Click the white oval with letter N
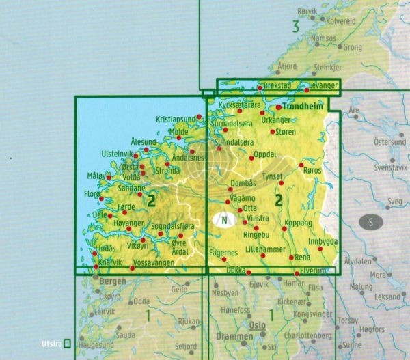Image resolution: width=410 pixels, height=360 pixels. (223, 220)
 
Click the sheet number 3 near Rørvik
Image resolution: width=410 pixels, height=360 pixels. (295, 27)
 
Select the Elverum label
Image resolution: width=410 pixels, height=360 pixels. (323, 271)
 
